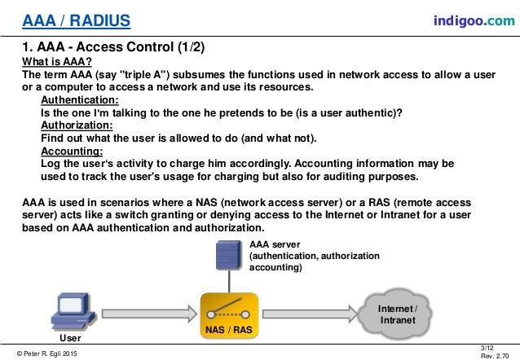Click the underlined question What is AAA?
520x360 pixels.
point(56,62)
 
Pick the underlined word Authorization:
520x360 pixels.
point(77,125)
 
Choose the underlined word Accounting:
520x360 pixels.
point(72,151)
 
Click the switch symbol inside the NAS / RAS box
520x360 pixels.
point(229,309)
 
